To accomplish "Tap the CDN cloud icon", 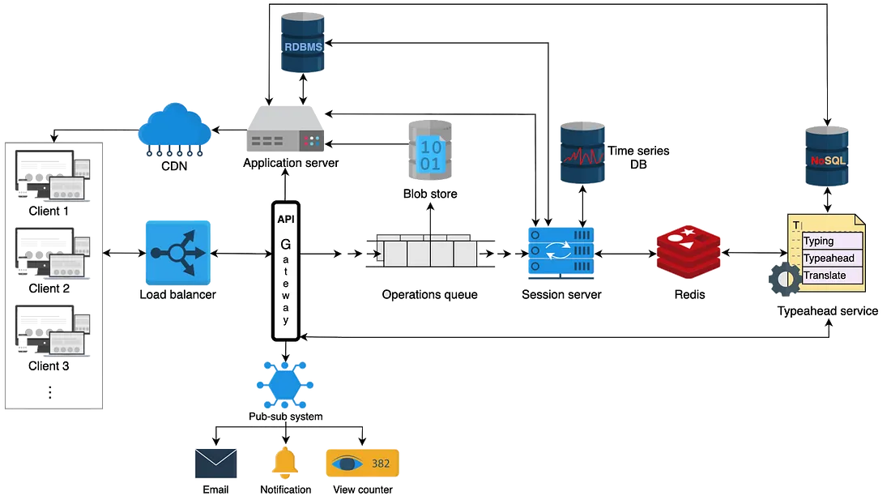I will tap(175, 126).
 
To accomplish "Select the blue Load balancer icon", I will tap(177, 252).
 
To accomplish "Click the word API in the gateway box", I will tap(286, 220).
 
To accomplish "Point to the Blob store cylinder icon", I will tap(431, 152).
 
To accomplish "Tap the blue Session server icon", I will tap(561, 254).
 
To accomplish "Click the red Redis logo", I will tap(688, 252).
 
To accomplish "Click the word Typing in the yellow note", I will tap(818, 241).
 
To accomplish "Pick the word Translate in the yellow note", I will tap(825, 276).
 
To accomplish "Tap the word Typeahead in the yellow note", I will tap(829, 259).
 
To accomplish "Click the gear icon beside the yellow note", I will tap(783, 280).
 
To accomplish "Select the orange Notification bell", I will tap(285, 464).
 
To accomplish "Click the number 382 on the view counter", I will tap(381, 464).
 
